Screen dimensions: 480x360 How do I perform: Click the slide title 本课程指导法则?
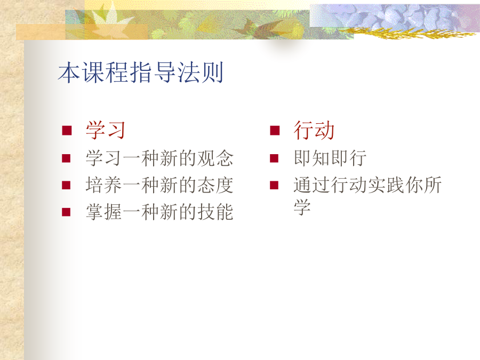coord(140,73)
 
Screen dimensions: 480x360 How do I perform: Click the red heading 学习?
coord(105,131)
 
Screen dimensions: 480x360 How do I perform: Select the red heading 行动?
coord(314,131)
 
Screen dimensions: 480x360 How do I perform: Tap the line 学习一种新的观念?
coord(159,158)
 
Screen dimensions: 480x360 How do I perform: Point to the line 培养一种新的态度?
coord(159,185)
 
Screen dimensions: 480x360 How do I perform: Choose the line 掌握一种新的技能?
coord(159,212)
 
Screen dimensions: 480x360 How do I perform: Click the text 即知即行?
coord(330,158)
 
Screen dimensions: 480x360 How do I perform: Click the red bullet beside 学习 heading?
coord(67,131)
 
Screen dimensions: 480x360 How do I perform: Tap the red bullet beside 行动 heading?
coord(275,131)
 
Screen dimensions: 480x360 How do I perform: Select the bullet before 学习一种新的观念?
coord(66,158)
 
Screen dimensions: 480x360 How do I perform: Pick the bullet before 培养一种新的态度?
coord(66,185)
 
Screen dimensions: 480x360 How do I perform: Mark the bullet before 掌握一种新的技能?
coord(66,212)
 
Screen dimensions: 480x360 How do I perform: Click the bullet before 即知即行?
coord(274,158)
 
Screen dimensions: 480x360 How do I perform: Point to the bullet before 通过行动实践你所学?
coord(274,185)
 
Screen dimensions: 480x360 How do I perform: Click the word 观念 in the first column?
coord(215,158)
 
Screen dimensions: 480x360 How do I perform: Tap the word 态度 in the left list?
coord(215,185)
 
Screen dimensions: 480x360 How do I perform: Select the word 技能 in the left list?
coord(215,212)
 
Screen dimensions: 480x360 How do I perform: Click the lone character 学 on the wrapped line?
coord(302,207)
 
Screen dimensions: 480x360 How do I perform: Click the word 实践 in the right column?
coord(386,185)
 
